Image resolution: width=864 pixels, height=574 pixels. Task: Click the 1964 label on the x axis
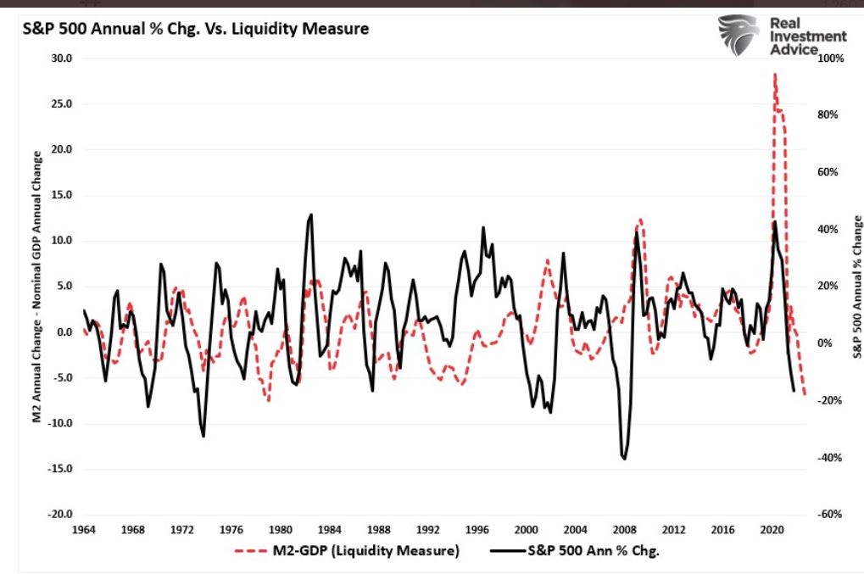pos(83,529)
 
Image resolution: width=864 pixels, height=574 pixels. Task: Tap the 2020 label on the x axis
pos(771,529)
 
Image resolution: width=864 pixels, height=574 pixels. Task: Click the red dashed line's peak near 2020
pos(774,74)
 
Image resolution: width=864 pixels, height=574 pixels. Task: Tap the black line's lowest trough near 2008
pos(625,459)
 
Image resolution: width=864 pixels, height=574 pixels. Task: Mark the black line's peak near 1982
pos(311,215)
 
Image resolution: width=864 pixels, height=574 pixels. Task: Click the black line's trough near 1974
pos(203,436)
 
